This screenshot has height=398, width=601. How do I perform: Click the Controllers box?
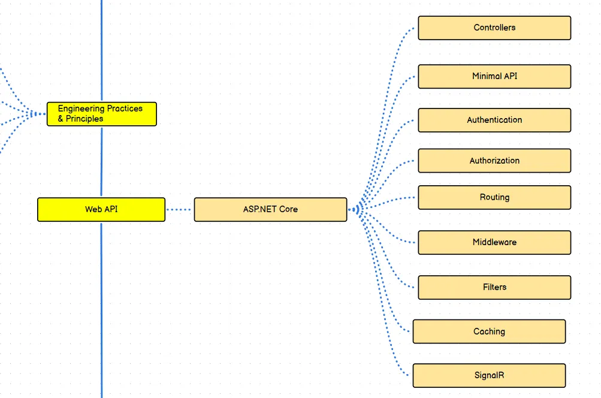pos(494,28)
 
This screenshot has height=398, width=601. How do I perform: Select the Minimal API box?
pos(494,77)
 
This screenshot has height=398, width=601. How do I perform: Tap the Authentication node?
pos(494,120)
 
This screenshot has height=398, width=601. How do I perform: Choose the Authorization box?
pos(494,161)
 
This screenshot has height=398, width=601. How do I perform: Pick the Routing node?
pos(494,197)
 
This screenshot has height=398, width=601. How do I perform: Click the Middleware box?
pos(494,242)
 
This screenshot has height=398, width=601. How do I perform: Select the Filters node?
pos(494,287)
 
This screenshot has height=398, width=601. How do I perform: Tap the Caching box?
pos(489,331)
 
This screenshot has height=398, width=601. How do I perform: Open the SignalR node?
pos(489,375)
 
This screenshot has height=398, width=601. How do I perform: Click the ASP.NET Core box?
pos(270,210)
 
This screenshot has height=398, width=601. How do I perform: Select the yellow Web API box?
pos(101,210)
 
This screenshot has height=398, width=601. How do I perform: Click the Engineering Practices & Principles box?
pos(102,114)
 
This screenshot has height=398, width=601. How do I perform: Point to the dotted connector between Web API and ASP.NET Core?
pos(179,210)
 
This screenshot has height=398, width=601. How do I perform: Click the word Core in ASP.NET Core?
pos(288,210)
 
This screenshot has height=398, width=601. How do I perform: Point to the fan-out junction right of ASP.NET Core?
pos(357,209)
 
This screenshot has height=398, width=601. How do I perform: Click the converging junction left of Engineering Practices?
pos(36,113)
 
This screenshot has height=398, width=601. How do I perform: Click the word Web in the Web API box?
pos(93,210)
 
